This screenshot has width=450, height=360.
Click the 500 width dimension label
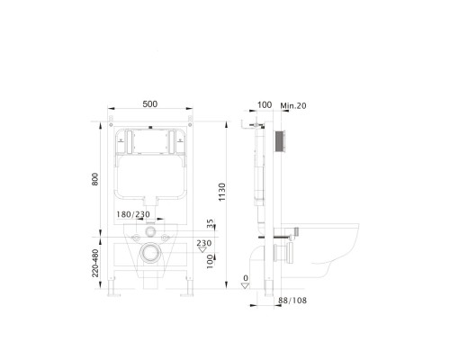149,104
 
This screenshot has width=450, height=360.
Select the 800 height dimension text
95,180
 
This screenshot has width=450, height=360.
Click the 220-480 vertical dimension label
96,257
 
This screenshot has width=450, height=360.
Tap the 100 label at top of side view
265,105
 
